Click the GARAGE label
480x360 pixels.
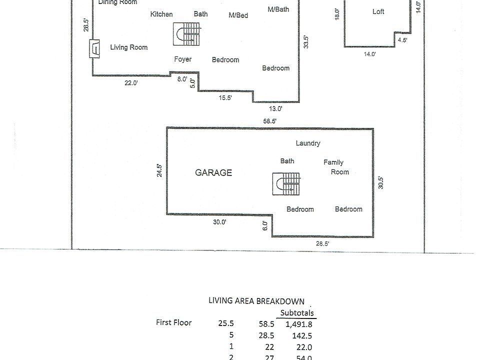pyautogui.click(x=213, y=173)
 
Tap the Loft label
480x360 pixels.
pyautogui.click(x=378, y=12)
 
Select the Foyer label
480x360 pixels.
pyautogui.click(x=183, y=59)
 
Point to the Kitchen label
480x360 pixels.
pyautogui.click(x=161, y=14)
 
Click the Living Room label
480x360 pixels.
pyautogui.click(x=129, y=47)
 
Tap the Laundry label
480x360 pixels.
pyautogui.click(x=308, y=143)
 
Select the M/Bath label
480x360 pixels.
pyautogui.click(x=278, y=9)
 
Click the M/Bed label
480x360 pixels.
pyautogui.click(x=238, y=15)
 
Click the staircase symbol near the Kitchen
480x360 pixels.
pyautogui.click(x=187, y=34)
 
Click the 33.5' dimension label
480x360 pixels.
pyautogui.click(x=306, y=41)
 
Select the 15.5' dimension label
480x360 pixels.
pyautogui.click(x=225, y=98)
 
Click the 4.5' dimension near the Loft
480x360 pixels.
pyautogui.click(x=402, y=40)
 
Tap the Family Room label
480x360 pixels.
pyautogui.click(x=336, y=167)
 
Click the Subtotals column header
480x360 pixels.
pyautogui.click(x=297, y=313)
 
